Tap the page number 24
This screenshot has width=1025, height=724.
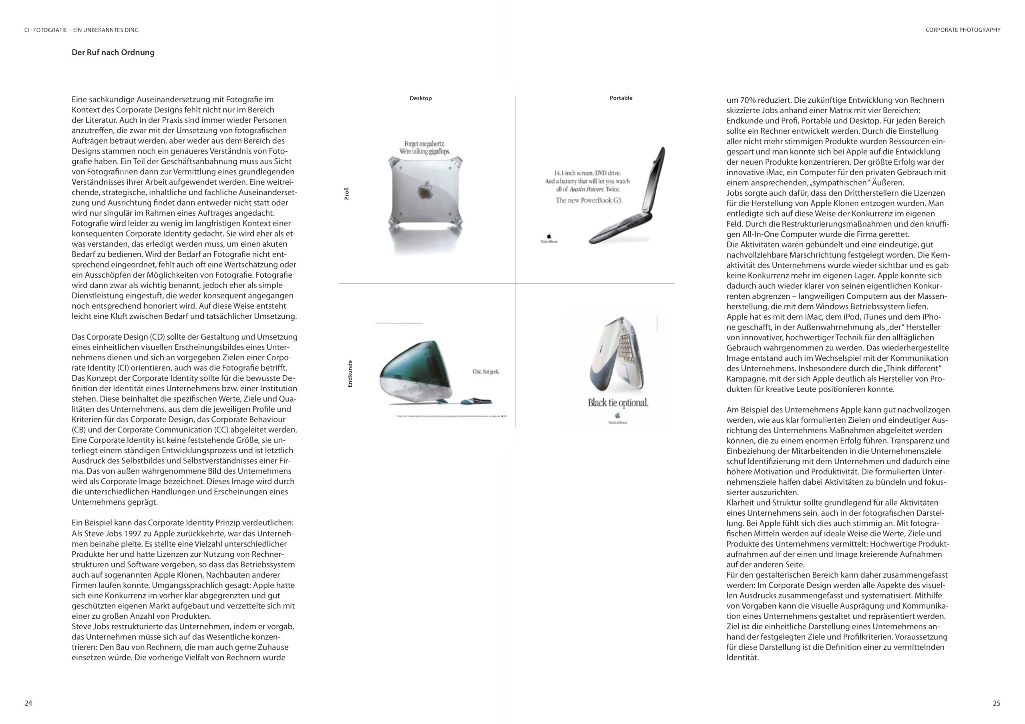pos(28,703)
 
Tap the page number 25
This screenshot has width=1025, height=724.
pos(997,703)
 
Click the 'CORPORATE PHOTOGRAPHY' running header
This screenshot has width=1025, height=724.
pos(963,30)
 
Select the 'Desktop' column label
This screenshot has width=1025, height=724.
pos(420,98)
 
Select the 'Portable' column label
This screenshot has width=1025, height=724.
pos(621,98)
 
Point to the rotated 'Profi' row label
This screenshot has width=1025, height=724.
pos(347,193)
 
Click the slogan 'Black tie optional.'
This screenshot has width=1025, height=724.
pos(618,403)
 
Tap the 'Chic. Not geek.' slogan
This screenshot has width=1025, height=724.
pos(486,372)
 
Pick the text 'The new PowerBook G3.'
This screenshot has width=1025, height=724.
pos(589,200)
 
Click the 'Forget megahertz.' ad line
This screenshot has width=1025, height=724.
pos(424,144)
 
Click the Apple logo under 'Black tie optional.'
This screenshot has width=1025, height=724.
pos(617,415)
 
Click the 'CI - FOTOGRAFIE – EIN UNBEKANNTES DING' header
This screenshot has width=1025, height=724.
pos(81,30)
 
